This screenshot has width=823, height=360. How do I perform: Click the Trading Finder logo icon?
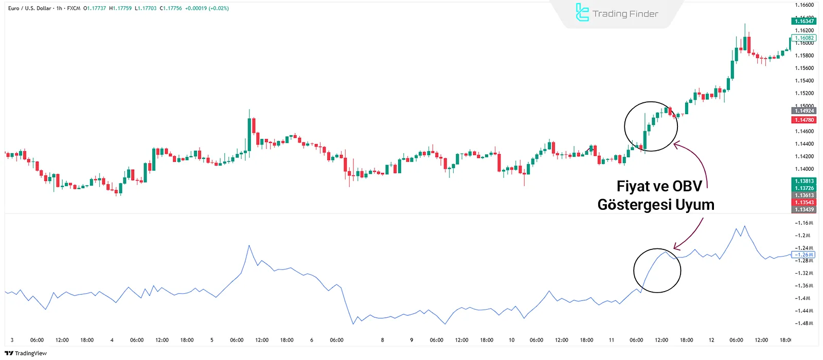[x=582, y=13]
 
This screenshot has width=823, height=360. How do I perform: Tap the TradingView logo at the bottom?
[x=26, y=353]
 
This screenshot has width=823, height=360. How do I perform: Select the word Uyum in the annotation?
[x=694, y=205]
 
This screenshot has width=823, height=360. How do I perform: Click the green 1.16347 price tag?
[x=804, y=21]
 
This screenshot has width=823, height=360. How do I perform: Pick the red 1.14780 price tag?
[x=804, y=120]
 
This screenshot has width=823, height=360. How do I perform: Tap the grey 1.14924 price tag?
[x=804, y=111]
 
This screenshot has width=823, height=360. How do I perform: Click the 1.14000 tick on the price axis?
[x=804, y=169]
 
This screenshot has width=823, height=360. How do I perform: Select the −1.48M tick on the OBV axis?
[x=804, y=323]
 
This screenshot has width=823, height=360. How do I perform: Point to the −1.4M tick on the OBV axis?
[x=803, y=298]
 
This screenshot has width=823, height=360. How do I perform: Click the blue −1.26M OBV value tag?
[x=804, y=255]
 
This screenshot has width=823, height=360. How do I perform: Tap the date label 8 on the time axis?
[x=382, y=340]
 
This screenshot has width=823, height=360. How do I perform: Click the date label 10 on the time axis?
[x=511, y=340]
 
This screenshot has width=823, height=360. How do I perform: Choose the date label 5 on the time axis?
[x=211, y=340]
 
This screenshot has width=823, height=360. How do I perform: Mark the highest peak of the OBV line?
[x=744, y=226]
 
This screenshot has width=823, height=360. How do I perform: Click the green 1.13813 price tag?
[x=804, y=181]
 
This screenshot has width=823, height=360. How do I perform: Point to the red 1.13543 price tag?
[x=804, y=203]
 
